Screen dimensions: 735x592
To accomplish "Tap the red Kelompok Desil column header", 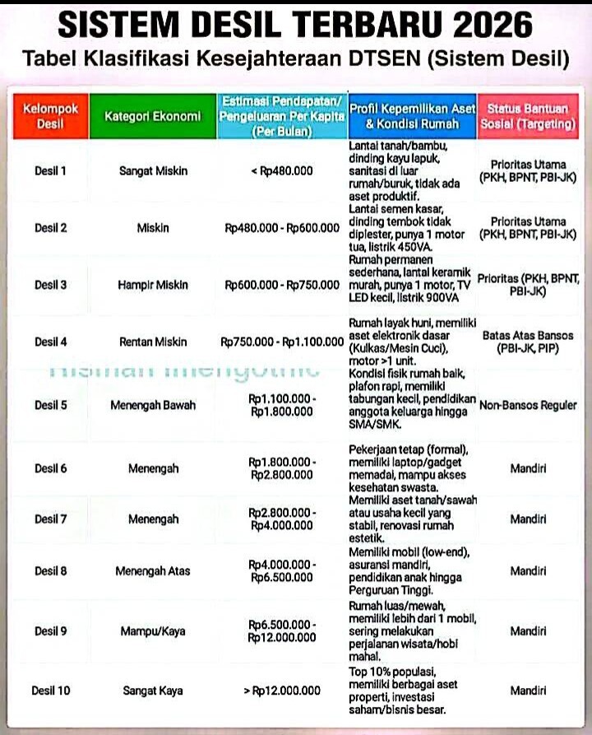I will tap(50, 116).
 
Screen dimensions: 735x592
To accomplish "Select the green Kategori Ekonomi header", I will tap(152, 116).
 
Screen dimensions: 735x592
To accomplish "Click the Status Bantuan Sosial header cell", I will tap(528, 116).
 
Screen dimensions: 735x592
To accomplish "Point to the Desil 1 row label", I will tap(50, 171).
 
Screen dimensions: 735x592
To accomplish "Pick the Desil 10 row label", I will tap(50, 691).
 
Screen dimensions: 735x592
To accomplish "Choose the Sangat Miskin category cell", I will tap(152, 171).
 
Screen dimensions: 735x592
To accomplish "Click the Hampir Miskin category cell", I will tap(152, 285).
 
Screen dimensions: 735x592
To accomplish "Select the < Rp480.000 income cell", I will tap(281, 171).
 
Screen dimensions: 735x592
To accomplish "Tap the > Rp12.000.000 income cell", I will tap(281, 691).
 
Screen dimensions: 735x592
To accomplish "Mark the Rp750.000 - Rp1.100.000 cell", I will tap(281, 342).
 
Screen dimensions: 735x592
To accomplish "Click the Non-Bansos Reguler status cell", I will tap(528, 406).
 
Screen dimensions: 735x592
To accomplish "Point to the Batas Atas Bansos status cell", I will tap(528, 342).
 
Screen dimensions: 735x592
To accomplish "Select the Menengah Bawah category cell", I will tap(152, 406).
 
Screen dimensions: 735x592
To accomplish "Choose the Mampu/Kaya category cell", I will tap(152, 631).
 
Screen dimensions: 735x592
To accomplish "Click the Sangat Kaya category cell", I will tap(152, 691).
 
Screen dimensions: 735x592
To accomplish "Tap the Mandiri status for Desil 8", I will tap(528, 570).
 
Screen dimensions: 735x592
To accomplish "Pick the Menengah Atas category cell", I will tap(152, 570).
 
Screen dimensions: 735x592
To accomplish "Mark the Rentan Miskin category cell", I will tap(152, 342).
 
